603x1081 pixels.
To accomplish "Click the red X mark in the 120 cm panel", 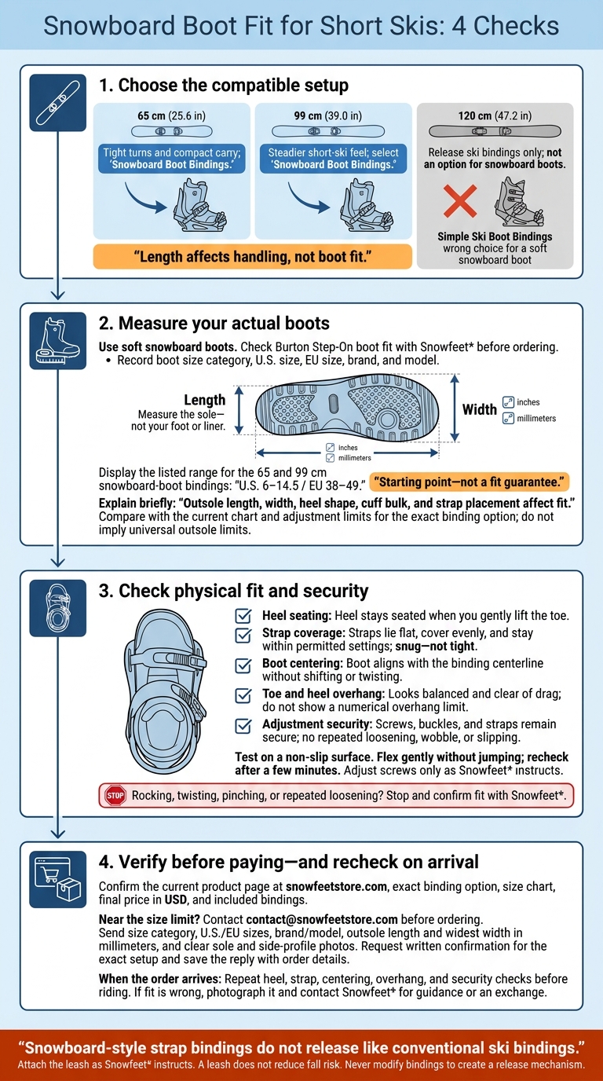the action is coord(460,201).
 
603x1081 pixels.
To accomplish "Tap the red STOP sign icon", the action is coord(115,795).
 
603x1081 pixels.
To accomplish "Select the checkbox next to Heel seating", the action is coord(243,616).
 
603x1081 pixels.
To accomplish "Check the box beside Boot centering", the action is coord(243,665).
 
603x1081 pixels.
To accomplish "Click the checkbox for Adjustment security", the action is coord(243,726).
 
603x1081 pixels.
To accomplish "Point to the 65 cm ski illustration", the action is coord(172,131).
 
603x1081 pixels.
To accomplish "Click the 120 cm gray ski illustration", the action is coord(495,131).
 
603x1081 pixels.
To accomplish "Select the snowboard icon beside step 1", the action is coord(58,103).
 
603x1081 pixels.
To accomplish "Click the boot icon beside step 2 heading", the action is coord(58,341).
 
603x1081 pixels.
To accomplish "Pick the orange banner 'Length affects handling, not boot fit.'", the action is coord(253,256).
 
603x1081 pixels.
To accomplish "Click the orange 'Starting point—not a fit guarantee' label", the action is coord(469,482).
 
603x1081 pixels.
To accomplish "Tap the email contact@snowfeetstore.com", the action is coord(322,919).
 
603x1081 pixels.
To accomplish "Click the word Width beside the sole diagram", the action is coord(480,410).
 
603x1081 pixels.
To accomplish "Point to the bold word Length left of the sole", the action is coord(205,400).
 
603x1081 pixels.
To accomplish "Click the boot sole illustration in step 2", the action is coord(347,408).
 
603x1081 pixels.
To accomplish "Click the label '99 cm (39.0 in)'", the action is coord(328,115).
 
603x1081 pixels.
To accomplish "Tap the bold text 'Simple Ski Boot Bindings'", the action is coord(495,236).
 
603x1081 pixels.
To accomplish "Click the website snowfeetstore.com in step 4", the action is coord(336,886).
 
